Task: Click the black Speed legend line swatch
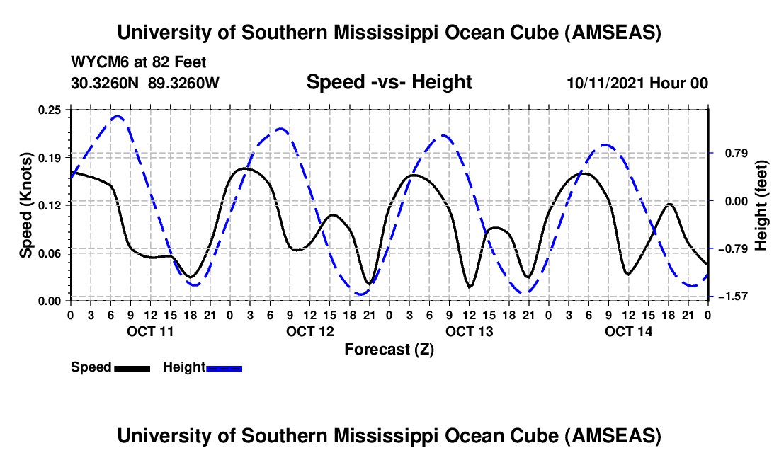[132, 368]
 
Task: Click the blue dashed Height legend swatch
[224, 368]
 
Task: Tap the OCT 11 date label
[150, 331]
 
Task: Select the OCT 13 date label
[469, 331]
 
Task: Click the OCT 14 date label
[628, 331]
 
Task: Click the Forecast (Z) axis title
[389, 349]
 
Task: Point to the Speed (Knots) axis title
[25, 205]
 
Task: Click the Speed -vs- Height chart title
[389, 82]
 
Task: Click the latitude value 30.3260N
[106, 83]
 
